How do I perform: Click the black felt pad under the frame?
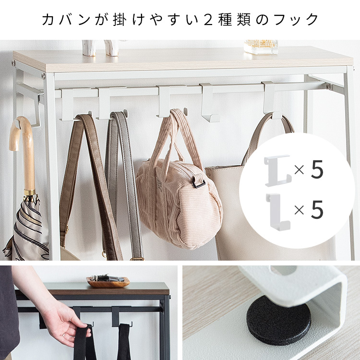[278, 320]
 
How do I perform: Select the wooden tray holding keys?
[108, 282]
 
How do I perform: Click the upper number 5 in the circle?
[317, 169]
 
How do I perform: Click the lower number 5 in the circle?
[317, 209]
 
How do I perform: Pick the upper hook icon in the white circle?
[277, 170]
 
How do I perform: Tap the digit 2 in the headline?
[208, 19]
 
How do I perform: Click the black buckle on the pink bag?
[198, 183]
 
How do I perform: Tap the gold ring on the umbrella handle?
[30, 192]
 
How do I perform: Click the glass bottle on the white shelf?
[261, 47]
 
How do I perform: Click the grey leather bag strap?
[125, 184]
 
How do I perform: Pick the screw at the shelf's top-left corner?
[14, 63]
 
